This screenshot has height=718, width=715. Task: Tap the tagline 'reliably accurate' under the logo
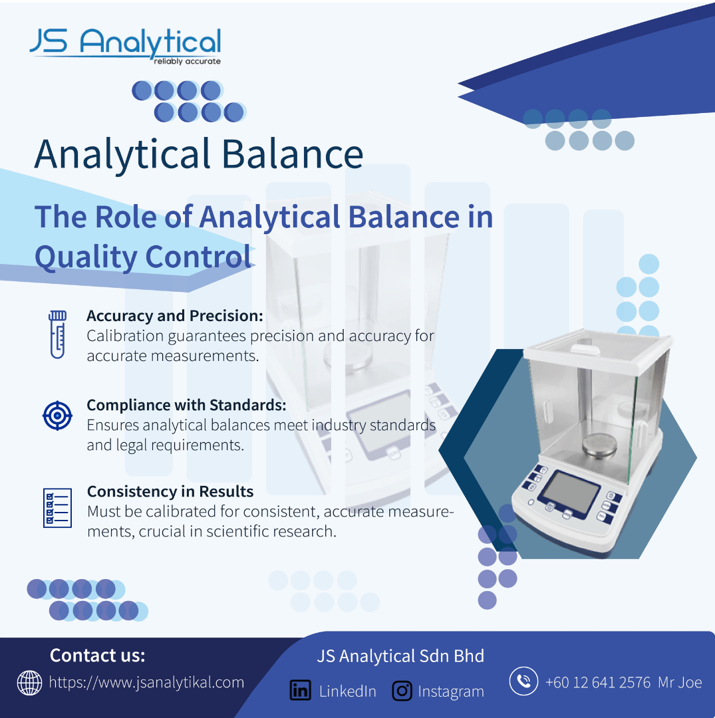pos(188,61)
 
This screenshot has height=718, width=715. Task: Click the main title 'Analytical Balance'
pos(199,154)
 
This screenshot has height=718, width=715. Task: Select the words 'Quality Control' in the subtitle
pos(144,257)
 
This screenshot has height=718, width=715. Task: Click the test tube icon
pos(58,334)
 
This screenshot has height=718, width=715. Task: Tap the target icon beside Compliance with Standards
pos(57,416)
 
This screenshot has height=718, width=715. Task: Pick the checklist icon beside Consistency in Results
pos(57,508)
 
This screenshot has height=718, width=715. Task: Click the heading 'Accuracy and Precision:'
pos(175,316)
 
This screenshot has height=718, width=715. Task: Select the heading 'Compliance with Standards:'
pos(186,406)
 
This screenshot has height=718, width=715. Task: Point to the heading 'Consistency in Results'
pos(170,491)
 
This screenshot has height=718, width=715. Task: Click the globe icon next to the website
pos(29,683)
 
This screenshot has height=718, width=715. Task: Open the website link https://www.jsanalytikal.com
pos(146,682)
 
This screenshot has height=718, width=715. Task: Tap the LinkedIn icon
pos(301,691)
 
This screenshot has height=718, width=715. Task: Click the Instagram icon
pos(402,691)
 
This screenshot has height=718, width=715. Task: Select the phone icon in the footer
pos(523,681)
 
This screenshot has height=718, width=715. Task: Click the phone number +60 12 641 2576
pos(598,682)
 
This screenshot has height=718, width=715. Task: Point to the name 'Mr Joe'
pos(680,682)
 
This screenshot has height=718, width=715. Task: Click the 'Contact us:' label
pos(98,656)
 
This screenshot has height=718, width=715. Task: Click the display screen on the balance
pos(569,492)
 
